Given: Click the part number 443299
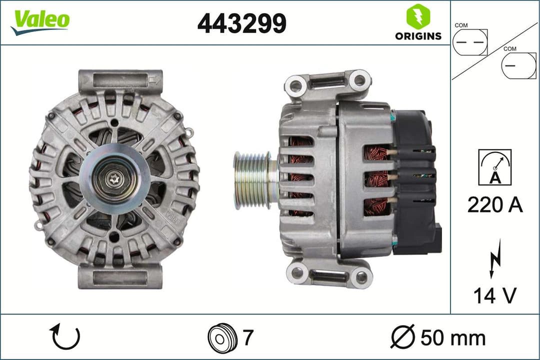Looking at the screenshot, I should tap(242, 23).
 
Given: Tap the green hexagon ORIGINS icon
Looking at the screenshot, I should tap(418, 16).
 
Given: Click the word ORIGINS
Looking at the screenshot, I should tap(418, 36).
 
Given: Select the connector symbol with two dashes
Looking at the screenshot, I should tap(469, 42).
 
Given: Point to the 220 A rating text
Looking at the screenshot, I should tap(495, 204).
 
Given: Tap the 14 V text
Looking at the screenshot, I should tap(494, 296).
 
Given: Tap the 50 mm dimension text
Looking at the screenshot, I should tap(453, 337).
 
